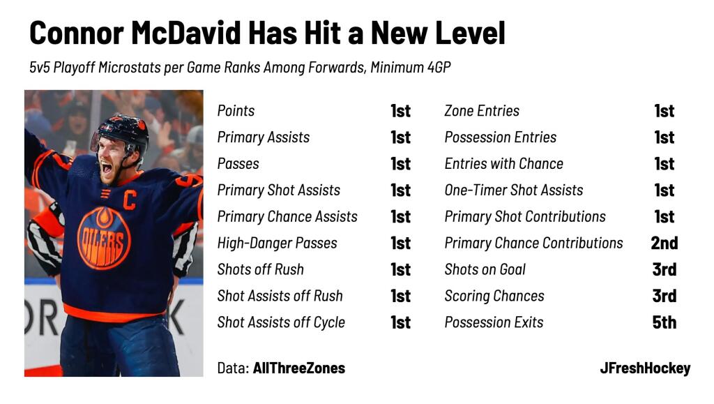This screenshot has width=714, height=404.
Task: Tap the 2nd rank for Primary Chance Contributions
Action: click(x=664, y=244)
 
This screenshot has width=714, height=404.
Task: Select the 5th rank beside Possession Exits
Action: click(x=664, y=322)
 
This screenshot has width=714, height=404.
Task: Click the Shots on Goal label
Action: click(x=485, y=269)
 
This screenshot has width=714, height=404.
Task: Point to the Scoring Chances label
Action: click(x=494, y=296)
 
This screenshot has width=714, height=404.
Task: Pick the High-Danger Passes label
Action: click(x=277, y=244)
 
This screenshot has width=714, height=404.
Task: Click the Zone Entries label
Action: click(x=482, y=111)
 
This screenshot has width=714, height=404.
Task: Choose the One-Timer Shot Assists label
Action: click(x=514, y=190)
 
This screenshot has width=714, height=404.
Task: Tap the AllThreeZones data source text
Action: click(x=298, y=368)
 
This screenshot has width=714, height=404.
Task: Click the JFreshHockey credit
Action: click(x=645, y=368)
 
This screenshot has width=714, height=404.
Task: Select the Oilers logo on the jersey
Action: click(x=104, y=238)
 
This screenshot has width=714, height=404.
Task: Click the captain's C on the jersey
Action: click(x=129, y=200)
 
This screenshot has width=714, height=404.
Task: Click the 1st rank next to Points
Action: click(x=401, y=111)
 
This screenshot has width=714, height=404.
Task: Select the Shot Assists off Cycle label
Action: click(x=281, y=322)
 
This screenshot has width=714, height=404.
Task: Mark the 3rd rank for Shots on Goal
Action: click(x=664, y=269)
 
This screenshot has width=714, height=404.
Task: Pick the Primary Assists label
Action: click(x=263, y=137)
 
